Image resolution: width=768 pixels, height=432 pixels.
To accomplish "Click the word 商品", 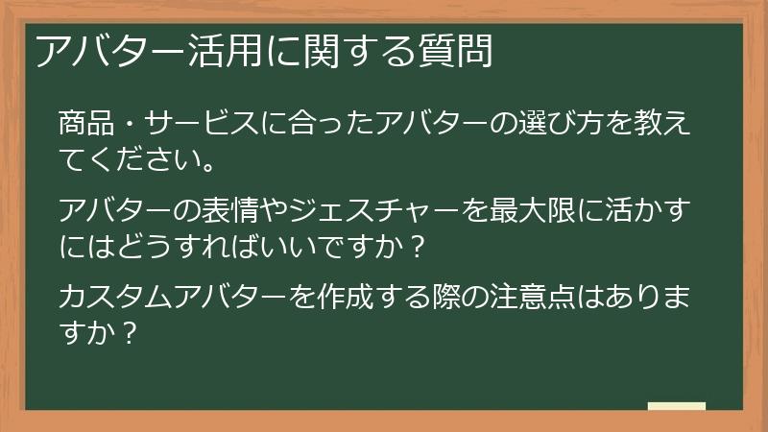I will (83, 124).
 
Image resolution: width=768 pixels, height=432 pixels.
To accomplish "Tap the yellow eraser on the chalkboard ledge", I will (676, 406).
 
